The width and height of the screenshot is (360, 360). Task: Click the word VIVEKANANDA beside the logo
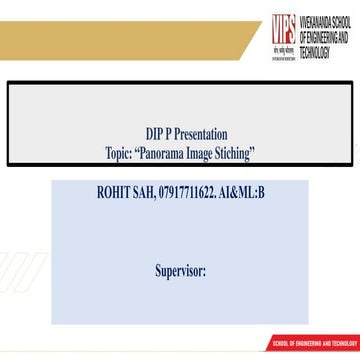click(318, 21)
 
